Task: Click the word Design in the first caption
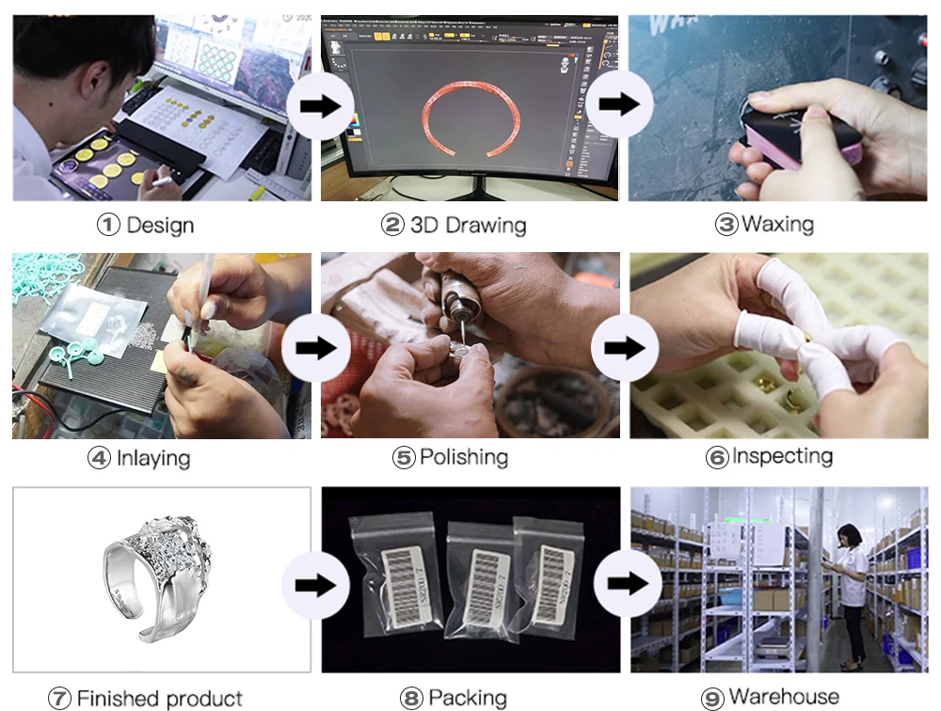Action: click(x=159, y=226)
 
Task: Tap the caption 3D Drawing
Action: click(x=468, y=226)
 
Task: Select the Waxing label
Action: click(x=777, y=225)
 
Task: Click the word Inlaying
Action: click(x=152, y=459)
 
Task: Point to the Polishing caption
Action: click(x=463, y=458)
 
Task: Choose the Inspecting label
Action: click(x=782, y=457)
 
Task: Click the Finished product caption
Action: click(x=159, y=699)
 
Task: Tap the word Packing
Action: click(x=467, y=698)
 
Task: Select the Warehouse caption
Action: click(x=784, y=697)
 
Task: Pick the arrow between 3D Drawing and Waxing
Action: click(x=621, y=103)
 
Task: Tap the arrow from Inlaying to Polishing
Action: click(x=316, y=348)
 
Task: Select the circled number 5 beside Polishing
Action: click(x=404, y=458)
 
